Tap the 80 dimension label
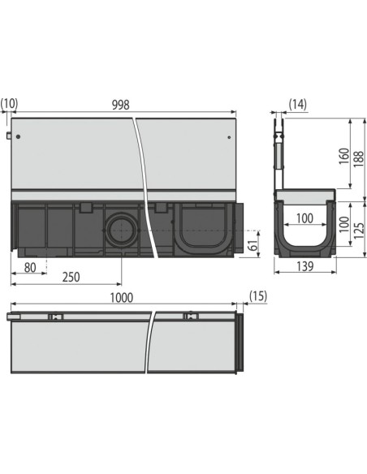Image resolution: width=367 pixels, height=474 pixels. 29,265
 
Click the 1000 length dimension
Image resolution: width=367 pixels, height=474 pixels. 122,299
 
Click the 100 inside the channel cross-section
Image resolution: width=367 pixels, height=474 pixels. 304,218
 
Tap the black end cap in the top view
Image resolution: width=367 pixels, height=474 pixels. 241,344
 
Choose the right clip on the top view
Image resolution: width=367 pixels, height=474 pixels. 188,316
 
